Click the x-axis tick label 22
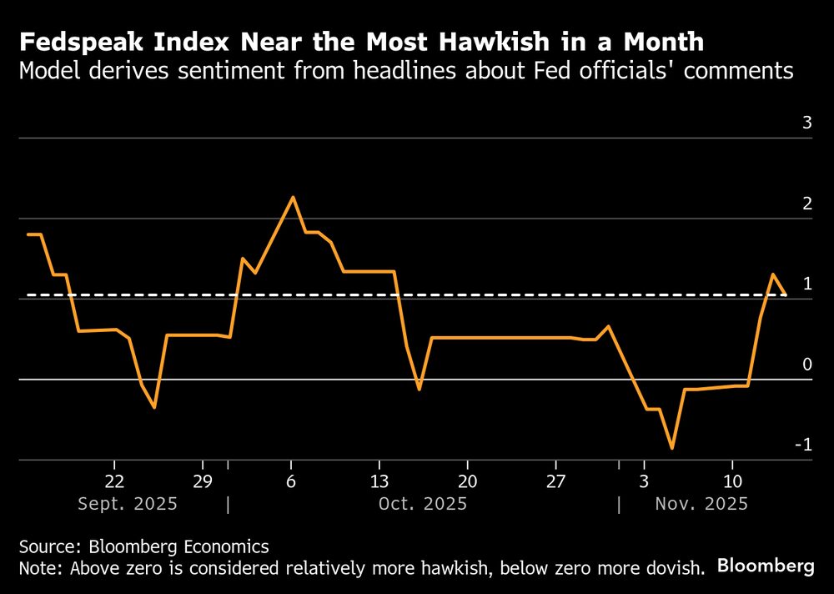click(x=114, y=481)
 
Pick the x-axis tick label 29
click(x=203, y=481)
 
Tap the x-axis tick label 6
click(x=291, y=481)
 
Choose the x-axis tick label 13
click(x=379, y=481)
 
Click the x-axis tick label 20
click(x=468, y=481)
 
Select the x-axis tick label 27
click(x=556, y=481)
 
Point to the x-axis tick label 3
click(x=644, y=481)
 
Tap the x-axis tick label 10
click(x=732, y=481)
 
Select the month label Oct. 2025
click(x=423, y=504)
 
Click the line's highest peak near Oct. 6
click(x=293, y=198)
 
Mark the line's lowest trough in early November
click(x=672, y=448)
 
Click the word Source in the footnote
click(x=48, y=547)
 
